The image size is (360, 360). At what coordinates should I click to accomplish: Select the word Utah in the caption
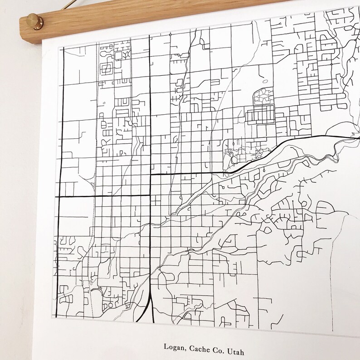click(228, 347)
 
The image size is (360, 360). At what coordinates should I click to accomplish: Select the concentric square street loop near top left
click(108, 69)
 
